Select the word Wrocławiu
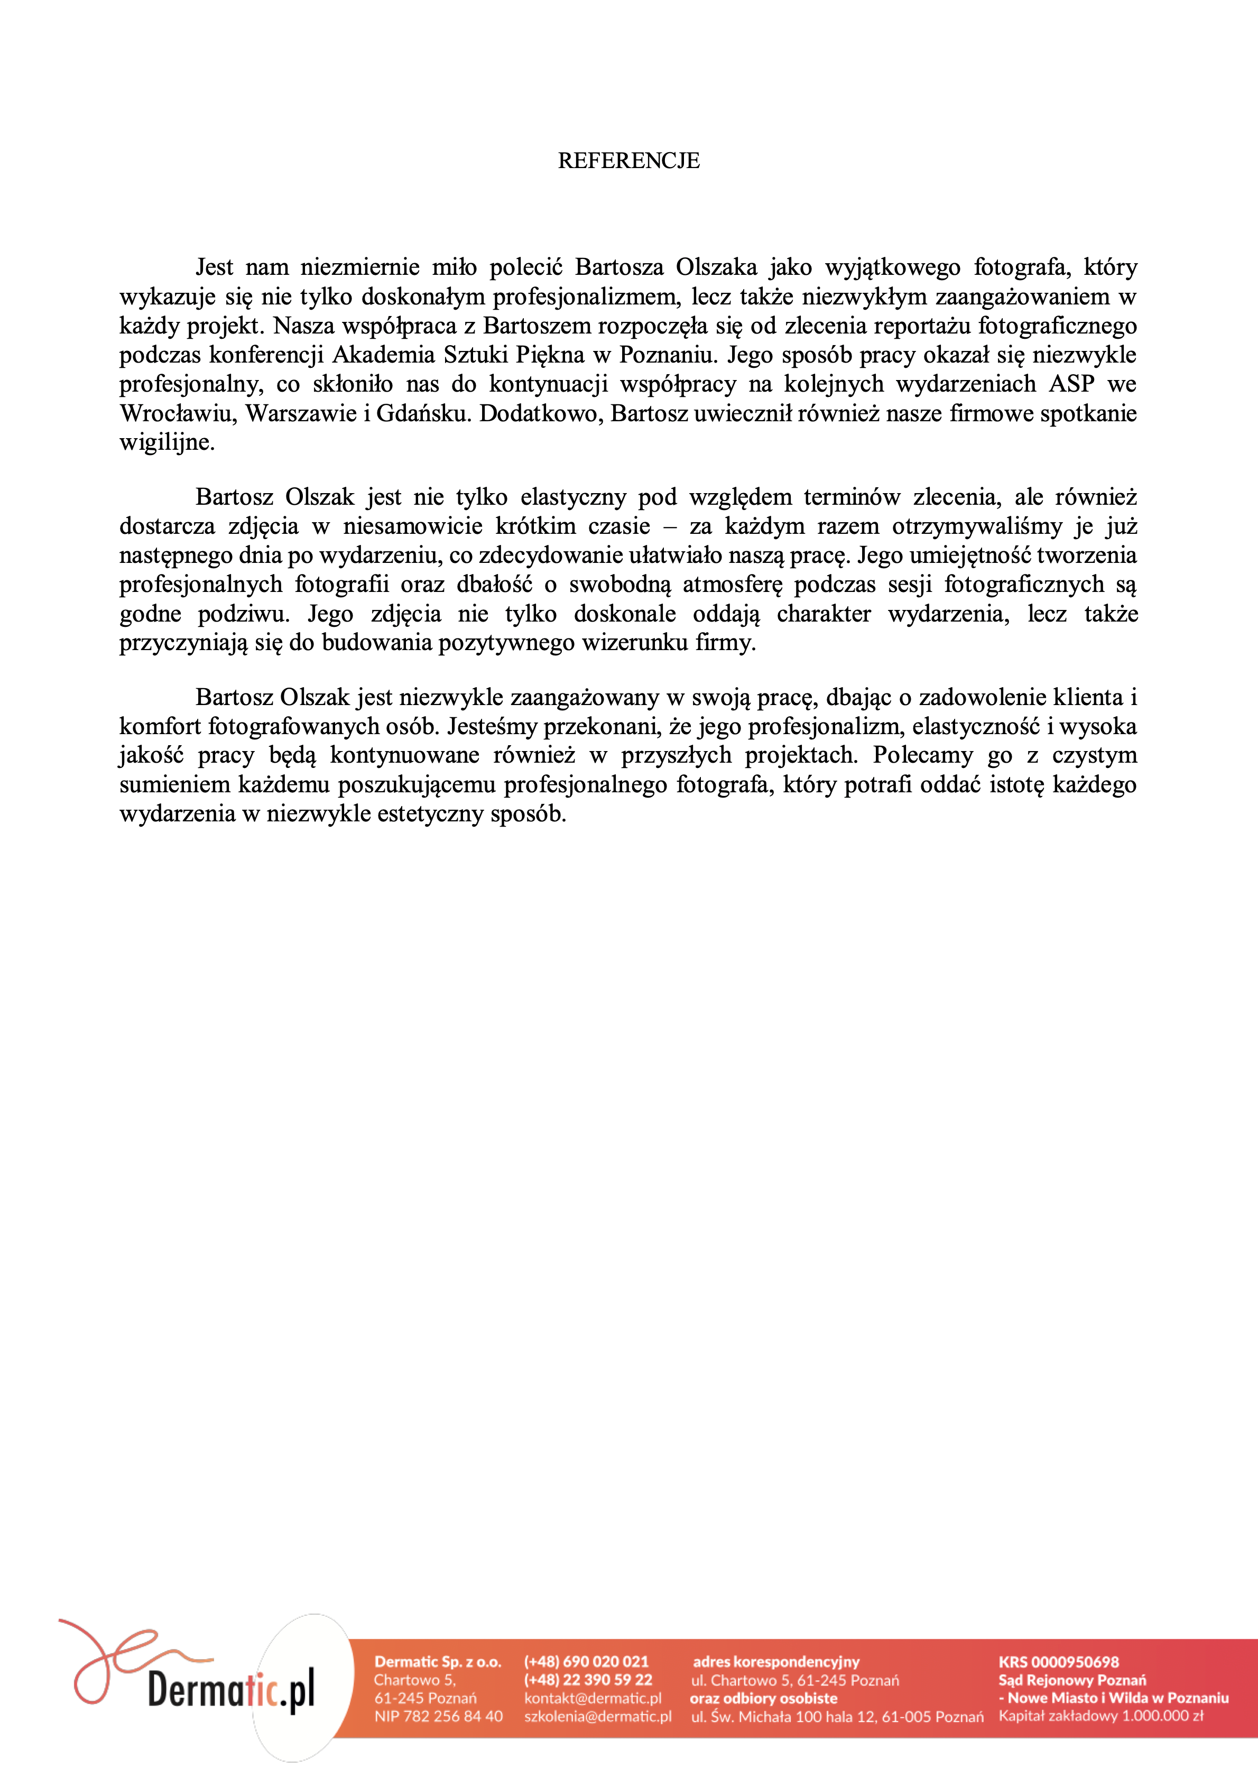point(176,413)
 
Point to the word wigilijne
point(166,443)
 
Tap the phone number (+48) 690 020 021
point(586,1662)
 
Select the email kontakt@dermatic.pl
point(593,1698)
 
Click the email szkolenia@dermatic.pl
point(597,1717)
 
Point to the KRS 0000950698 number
point(1058,1662)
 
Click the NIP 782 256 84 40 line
point(438,1717)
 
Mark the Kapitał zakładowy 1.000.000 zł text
point(1100,1716)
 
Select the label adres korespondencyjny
point(776,1662)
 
